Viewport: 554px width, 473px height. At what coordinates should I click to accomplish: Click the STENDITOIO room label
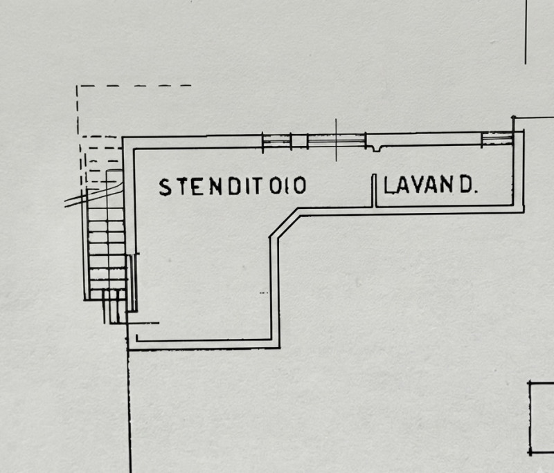[233, 186]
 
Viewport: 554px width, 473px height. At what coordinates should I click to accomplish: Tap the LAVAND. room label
[431, 185]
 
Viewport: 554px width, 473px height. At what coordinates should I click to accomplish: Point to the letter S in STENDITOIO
[165, 187]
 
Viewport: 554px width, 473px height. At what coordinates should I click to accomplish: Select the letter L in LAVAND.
[389, 185]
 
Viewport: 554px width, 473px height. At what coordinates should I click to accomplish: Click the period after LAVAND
[476, 192]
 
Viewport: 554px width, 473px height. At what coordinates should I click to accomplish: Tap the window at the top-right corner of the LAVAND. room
[497, 138]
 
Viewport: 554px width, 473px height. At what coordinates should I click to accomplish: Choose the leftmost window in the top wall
[276, 141]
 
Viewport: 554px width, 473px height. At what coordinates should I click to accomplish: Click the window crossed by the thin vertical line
[337, 141]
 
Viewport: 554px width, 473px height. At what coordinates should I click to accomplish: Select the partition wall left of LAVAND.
[373, 190]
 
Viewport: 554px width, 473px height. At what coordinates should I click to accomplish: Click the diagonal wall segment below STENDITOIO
[285, 223]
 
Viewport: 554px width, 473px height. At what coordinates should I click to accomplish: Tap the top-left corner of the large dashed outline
[77, 86]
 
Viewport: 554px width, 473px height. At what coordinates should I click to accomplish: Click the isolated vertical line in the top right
[526, 32]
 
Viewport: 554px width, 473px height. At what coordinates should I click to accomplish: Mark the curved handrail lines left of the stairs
[93, 194]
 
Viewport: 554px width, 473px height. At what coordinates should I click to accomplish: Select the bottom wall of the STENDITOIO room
[204, 344]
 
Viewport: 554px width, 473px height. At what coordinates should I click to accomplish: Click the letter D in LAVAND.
[466, 185]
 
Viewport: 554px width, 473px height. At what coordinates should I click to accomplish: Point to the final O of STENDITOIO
[300, 185]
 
